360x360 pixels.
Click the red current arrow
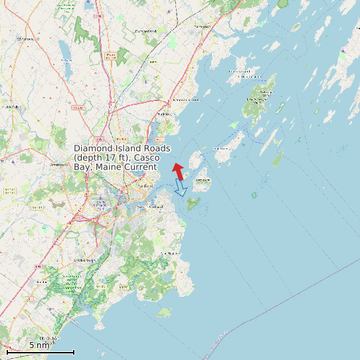tap(178, 171)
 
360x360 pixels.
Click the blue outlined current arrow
tap(179, 189)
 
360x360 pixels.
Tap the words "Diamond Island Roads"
tap(122, 148)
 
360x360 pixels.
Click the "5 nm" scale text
tap(39, 345)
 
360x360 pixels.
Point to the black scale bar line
tap(40, 351)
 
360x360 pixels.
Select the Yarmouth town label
tap(202, 27)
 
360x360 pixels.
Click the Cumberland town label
tap(145, 31)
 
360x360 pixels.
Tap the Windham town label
tap(25, 39)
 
